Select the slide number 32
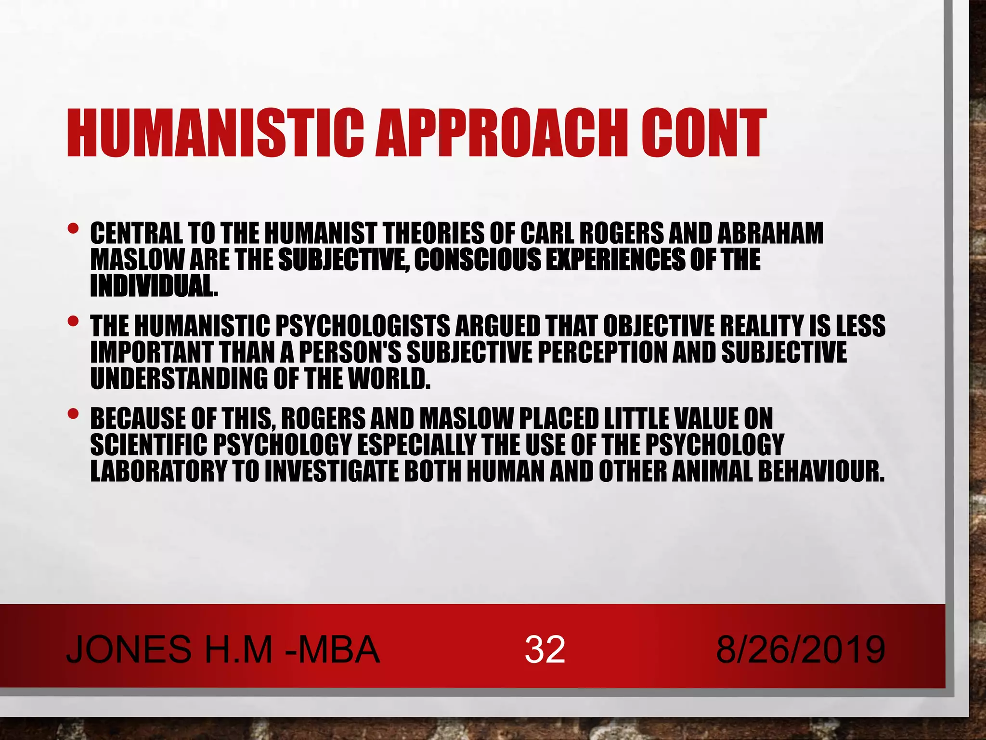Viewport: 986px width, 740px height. click(x=545, y=649)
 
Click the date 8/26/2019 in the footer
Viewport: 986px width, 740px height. click(x=800, y=649)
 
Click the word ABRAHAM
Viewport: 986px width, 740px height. click(x=770, y=234)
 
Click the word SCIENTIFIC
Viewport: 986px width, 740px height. click(x=149, y=445)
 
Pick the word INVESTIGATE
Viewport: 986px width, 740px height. click(x=332, y=471)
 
